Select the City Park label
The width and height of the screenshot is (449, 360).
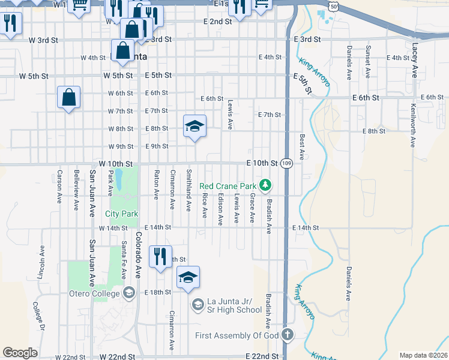pos(122,214)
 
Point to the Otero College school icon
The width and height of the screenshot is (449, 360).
pos(128,292)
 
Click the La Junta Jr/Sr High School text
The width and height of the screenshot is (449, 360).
pos(235,305)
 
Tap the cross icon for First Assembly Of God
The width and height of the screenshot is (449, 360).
pos(288,335)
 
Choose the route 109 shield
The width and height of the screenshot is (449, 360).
pos(288,163)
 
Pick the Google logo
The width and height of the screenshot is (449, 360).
pos(20,353)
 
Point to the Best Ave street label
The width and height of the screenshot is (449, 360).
pos(302,146)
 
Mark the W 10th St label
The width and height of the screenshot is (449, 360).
pos(115,164)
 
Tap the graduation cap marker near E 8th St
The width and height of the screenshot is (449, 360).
pos(194,126)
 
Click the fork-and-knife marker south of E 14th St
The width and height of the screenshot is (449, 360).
pos(160,257)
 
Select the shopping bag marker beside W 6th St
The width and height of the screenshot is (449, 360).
pos(69,97)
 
